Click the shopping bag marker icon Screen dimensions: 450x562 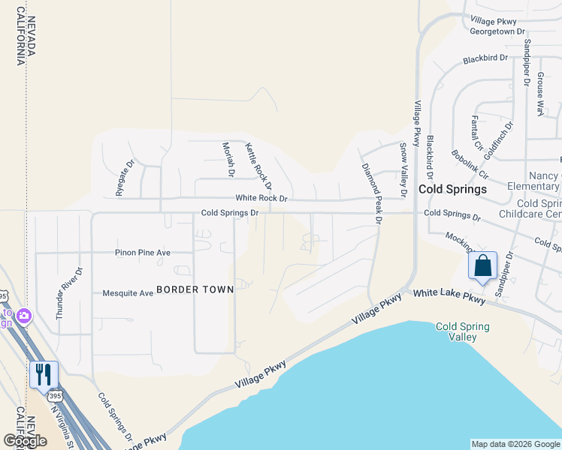[482, 266]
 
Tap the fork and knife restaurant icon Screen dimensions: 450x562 [43, 373]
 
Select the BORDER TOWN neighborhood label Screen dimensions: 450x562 [195, 289]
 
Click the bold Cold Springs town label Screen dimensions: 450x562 [452, 189]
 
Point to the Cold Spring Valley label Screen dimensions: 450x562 [463, 331]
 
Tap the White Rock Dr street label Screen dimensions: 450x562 [261, 199]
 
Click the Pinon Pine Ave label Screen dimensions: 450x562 [143, 253]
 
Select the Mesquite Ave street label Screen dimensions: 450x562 [128, 292]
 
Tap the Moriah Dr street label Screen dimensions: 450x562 [229, 160]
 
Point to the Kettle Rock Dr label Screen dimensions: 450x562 [258, 166]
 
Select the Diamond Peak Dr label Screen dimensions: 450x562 [372, 193]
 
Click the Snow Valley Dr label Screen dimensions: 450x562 [403, 169]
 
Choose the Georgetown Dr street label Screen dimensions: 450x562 [497, 31]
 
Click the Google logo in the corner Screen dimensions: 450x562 [25, 441]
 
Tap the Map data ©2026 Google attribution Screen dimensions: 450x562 [515, 444]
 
